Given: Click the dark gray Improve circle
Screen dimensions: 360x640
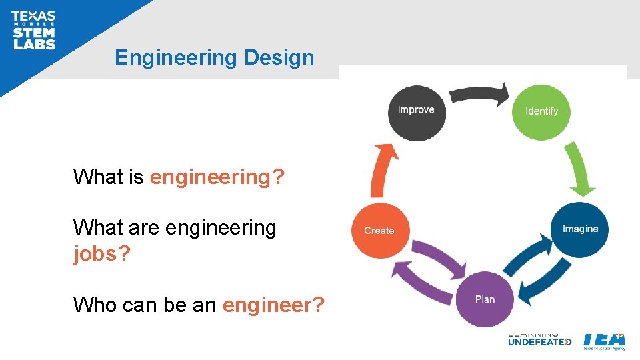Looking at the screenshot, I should [x=416, y=113].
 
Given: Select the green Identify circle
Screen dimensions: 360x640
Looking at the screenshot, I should [x=541, y=112].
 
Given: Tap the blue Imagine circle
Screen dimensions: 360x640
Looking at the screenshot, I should [x=579, y=229].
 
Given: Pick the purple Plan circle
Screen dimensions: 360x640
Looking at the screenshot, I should [x=485, y=299].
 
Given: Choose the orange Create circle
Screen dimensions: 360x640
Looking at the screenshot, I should [x=379, y=231].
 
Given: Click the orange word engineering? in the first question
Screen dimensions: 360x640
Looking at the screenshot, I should [x=217, y=177].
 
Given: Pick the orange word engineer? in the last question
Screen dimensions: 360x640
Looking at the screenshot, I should [x=273, y=305].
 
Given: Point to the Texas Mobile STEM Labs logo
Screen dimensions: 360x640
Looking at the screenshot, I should [x=33, y=31].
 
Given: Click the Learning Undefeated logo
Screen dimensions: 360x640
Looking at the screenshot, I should [x=539, y=339].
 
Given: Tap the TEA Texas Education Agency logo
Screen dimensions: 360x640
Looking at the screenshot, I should [x=604, y=339].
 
